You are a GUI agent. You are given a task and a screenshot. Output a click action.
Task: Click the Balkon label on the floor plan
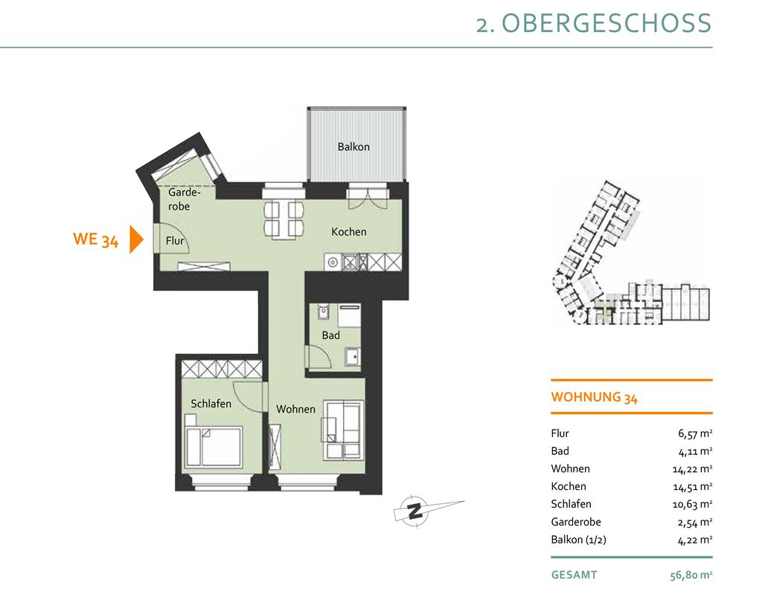coord(353,146)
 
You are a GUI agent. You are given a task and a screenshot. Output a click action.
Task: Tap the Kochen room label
coord(348,232)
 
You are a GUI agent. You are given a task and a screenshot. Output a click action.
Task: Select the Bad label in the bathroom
coord(330,335)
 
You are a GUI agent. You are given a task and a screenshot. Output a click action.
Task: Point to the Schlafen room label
coord(211,404)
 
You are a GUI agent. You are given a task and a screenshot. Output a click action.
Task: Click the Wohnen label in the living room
coord(295,409)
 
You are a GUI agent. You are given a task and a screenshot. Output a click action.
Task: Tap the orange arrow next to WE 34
coord(136,239)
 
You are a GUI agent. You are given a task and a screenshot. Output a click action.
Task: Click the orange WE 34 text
coord(96,239)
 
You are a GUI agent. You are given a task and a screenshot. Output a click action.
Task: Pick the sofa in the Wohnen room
coord(342,430)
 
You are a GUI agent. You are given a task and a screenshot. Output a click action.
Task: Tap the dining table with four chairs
coord(284,219)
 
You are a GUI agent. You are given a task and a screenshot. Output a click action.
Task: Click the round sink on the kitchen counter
coord(333,262)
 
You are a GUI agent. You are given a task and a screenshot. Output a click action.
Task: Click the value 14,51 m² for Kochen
coord(692,487)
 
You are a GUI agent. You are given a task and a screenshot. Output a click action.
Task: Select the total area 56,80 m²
coord(691,575)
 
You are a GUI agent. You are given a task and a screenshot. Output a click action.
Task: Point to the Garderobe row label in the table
coord(576,522)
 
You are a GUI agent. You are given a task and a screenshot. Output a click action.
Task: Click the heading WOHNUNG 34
coord(594,397)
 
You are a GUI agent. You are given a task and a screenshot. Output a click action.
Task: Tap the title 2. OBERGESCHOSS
coord(593,23)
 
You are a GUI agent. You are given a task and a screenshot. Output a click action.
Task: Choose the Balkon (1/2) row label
coord(578,540)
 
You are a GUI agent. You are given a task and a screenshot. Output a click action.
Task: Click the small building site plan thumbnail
coord(632,253)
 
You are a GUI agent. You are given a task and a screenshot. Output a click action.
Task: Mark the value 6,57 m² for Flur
coord(695,433)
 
